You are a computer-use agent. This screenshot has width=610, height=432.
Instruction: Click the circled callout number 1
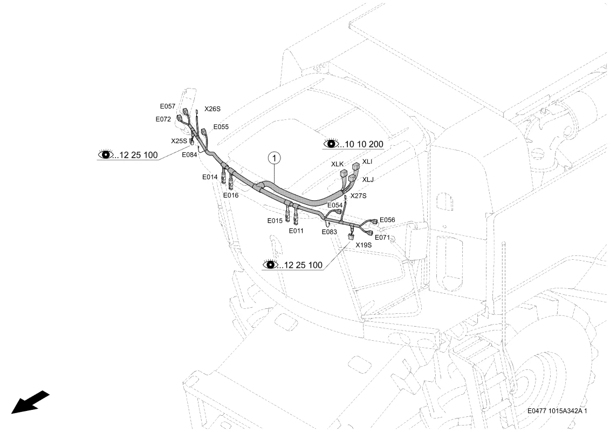275,158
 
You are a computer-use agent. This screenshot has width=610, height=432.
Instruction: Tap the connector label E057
168,106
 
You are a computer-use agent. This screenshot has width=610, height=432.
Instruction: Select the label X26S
213,109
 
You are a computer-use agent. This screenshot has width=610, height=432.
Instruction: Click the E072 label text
163,119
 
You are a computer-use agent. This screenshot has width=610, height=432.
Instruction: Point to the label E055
221,127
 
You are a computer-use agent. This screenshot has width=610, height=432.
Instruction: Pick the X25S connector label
179,141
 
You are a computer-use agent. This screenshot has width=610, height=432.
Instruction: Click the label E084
189,154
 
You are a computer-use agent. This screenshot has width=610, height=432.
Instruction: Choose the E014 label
210,177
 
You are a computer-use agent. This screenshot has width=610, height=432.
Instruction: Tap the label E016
231,195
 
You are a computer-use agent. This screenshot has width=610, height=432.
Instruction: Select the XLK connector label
337,164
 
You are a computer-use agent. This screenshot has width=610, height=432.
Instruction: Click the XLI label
367,161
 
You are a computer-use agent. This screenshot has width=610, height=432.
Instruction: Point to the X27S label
358,196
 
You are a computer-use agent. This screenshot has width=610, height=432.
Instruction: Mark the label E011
296,231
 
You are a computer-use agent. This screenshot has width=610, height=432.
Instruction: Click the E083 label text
329,232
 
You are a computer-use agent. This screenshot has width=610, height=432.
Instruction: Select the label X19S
364,245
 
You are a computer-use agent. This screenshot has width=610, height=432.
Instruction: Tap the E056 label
387,220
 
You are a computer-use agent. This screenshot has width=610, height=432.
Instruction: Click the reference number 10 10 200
364,145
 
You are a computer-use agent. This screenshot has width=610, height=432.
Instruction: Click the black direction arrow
30,402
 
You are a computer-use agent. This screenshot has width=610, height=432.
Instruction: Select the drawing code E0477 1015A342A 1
557,411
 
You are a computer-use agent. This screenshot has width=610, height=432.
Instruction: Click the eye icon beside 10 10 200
331,143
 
